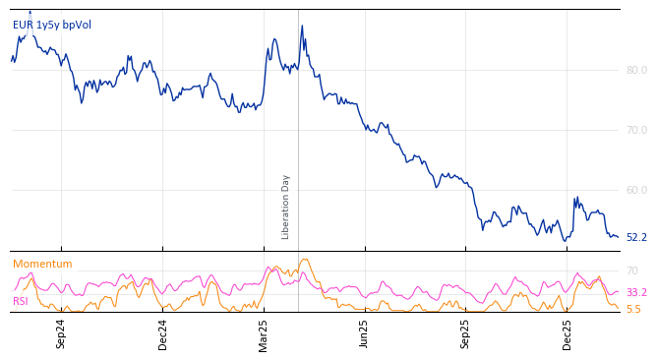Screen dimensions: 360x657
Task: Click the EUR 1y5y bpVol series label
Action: coord(52,25)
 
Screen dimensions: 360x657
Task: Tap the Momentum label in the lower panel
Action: coord(42,264)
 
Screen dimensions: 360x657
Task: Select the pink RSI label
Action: coord(21,301)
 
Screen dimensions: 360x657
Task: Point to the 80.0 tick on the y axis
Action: coord(636,70)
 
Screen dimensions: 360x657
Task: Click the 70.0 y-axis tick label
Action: coord(636,130)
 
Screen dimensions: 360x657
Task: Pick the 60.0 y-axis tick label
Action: coord(636,190)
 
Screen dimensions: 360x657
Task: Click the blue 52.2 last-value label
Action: coord(636,237)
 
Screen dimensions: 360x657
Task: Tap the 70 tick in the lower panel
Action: coord(632,270)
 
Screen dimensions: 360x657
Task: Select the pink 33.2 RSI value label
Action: coord(636,293)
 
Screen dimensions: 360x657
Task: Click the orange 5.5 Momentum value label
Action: coord(633,309)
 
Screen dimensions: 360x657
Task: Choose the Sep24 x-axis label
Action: coord(61,333)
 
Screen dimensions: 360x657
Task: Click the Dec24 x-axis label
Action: coord(163,333)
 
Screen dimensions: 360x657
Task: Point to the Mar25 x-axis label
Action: coord(264,333)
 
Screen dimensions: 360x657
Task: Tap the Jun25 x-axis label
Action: coord(365,333)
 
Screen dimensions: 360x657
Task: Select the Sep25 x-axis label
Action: coord(466,333)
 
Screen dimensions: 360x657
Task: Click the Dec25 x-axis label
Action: coord(567,333)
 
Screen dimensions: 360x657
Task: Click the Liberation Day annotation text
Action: coord(286,207)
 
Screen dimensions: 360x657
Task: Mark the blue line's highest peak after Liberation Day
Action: coord(302,27)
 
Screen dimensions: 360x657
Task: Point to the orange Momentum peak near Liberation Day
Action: coord(305,260)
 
